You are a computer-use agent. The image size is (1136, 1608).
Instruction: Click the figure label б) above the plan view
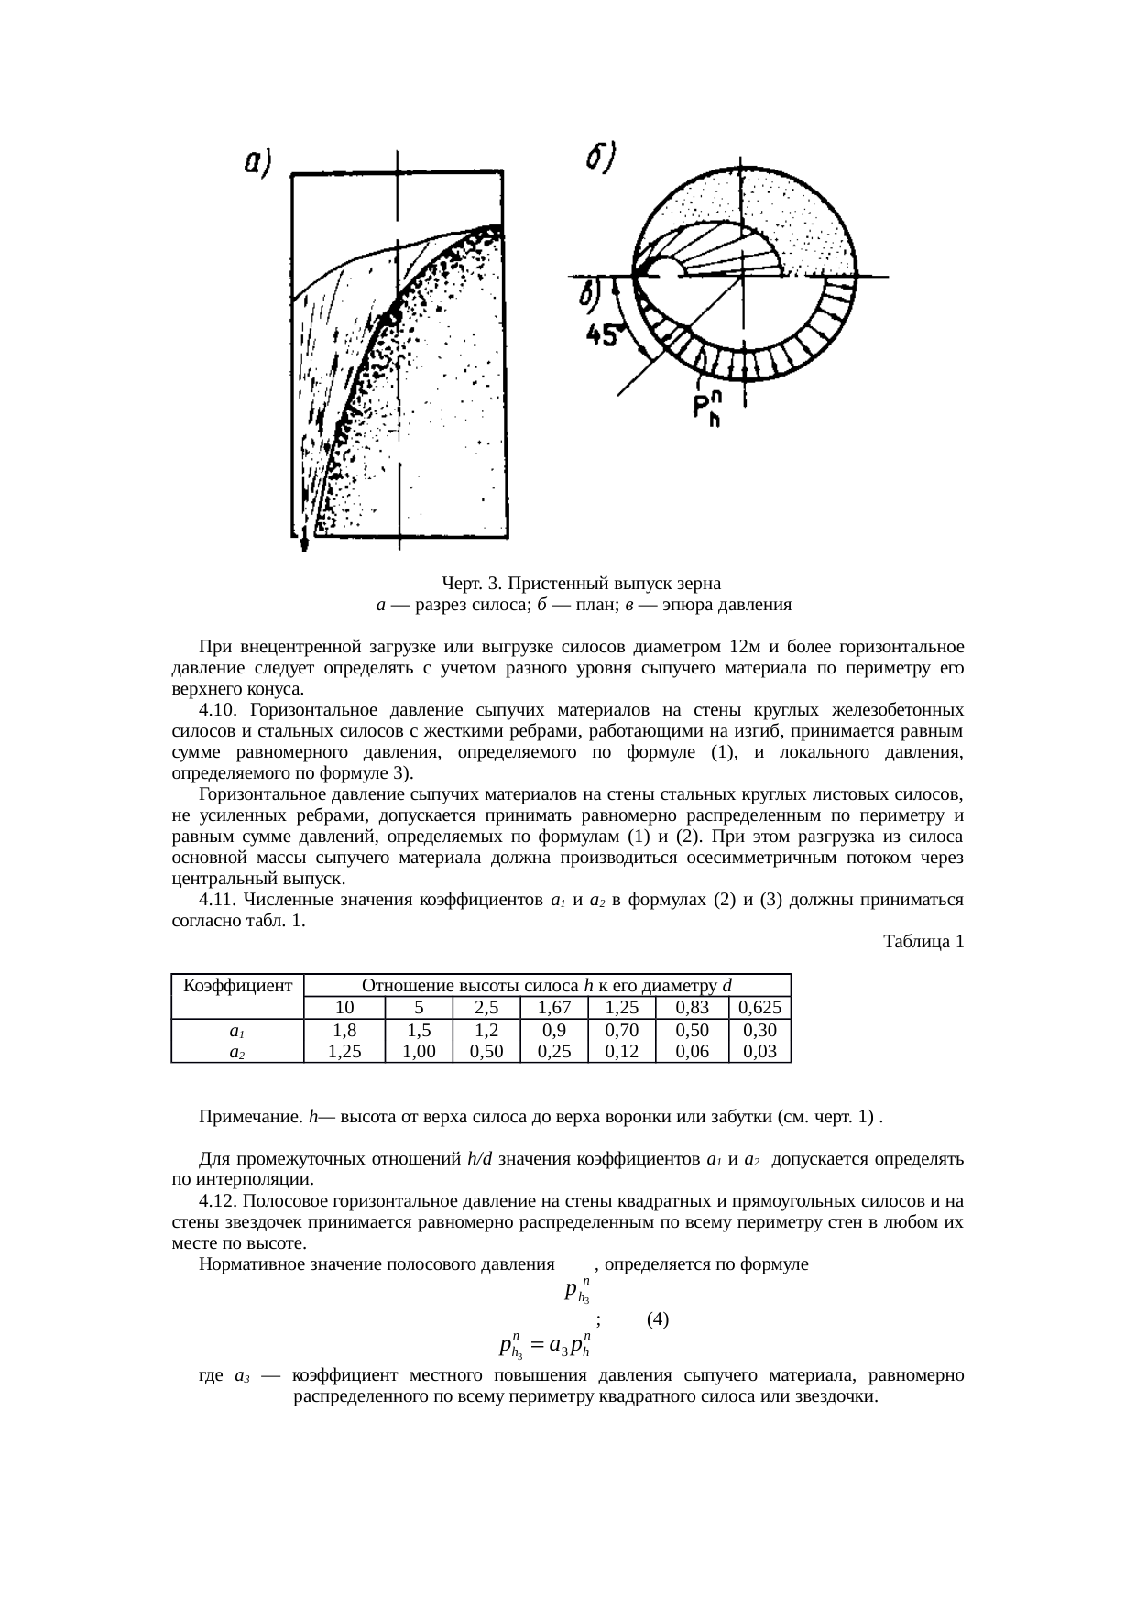(601, 157)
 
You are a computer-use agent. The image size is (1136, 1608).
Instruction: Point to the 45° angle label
(605, 336)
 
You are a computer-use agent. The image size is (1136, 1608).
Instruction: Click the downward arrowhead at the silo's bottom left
(304, 543)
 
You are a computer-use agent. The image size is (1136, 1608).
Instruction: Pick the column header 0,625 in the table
(759, 1008)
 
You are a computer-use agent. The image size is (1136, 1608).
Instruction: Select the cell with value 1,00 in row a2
(419, 1052)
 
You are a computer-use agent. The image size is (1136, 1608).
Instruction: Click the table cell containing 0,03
(759, 1052)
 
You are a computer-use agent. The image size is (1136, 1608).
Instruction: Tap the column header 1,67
(553, 1008)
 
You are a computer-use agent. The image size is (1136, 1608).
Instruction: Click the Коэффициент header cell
(237, 986)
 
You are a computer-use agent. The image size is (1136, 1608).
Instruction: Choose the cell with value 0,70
(621, 1031)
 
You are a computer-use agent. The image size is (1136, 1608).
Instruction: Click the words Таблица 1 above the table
(923, 941)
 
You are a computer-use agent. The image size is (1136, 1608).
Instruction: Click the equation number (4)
(657, 1319)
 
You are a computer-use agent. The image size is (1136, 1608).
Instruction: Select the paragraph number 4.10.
(219, 710)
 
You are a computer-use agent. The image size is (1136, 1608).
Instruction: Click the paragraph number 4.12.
(219, 1201)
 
